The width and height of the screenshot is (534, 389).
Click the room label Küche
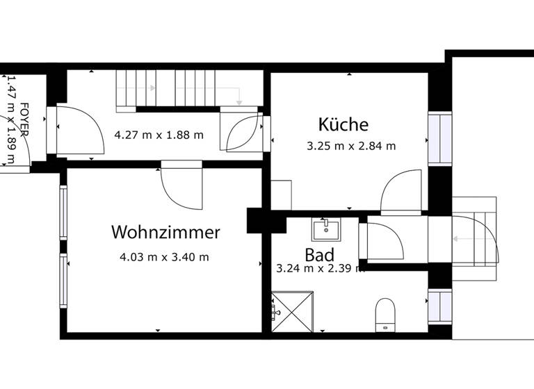[x=343, y=125]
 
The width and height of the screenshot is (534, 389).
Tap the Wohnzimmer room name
[x=165, y=232]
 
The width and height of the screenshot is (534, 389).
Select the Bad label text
[x=319, y=254]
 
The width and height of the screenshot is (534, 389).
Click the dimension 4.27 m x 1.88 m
[x=159, y=135]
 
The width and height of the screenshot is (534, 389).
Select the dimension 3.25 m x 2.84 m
[x=351, y=146]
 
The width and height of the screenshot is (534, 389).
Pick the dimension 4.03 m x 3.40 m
[x=164, y=257]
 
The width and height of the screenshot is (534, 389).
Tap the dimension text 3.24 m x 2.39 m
[x=320, y=268]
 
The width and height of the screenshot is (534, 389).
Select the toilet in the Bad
[x=385, y=315]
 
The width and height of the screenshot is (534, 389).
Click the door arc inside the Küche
[x=402, y=191]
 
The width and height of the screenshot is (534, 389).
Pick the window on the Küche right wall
[x=439, y=139]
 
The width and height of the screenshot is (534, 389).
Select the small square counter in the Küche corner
[x=281, y=194]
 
